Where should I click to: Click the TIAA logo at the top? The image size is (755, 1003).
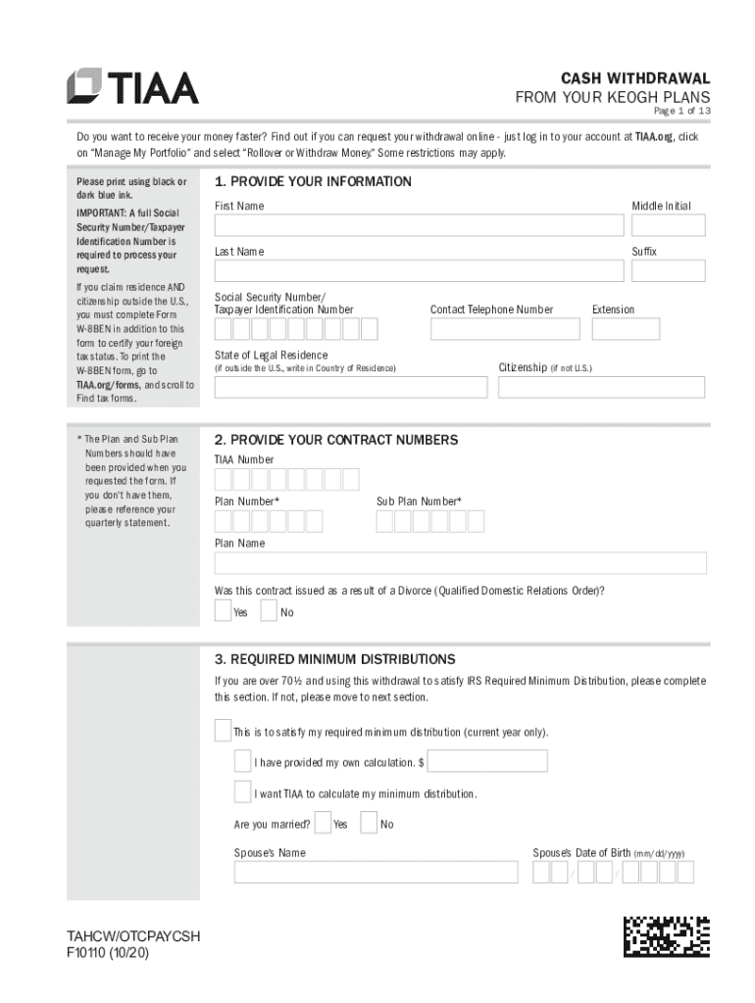[x=132, y=86]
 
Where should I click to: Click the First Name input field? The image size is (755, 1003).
[x=419, y=225]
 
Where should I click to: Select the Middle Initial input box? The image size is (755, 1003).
[x=668, y=225]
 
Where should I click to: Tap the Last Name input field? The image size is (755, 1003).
[x=419, y=271]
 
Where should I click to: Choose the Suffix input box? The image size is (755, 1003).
[x=668, y=271]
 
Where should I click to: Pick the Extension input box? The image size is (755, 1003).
[x=625, y=329]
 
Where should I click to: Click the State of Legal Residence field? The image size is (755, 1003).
[x=350, y=387]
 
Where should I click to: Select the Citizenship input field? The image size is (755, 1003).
[x=600, y=387]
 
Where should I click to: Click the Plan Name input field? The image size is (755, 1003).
[x=460, y=563]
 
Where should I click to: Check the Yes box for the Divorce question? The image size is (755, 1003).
[x=224, y=611]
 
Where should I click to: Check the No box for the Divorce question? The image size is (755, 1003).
[x=269, y=611]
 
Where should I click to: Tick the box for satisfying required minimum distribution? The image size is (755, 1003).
[x=223, y=732]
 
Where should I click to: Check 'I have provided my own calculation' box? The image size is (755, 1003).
[x=242, y=762]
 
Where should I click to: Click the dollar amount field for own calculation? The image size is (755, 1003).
[x=487, y=761]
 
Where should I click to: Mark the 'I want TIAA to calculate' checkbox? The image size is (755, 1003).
[x=242, y=792]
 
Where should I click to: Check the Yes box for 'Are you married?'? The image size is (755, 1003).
[x=323, y=823]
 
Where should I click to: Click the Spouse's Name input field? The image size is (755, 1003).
[x=376, y=872]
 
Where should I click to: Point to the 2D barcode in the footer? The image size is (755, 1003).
[x=666, y=935]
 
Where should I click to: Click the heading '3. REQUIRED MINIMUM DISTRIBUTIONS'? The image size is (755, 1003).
[x=334, y=659]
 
